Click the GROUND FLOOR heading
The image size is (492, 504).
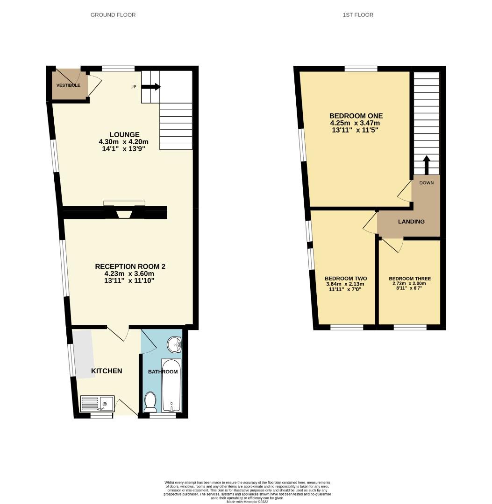tap(113, 15)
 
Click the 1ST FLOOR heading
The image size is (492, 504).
tap(358, 15)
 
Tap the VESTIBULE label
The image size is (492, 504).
tap(68, 85)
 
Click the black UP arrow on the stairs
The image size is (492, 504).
tap(151, 87)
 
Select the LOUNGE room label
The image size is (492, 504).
tap(125, 135)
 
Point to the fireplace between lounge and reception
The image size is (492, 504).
tap(124, 212)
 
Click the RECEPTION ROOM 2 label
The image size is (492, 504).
tap(130, 266)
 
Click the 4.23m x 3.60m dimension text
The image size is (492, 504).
tap(129, 273)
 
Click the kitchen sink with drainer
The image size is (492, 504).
tap(97, 404)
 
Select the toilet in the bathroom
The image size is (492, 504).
tap(150, 402)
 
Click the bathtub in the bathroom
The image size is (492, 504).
tap(171, 385)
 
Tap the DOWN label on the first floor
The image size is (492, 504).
tap(426, 183)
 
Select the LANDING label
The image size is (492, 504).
tap(411, 222)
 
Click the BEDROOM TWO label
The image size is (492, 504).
tap(344, 278)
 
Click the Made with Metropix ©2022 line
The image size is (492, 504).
tap(247, 502)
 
